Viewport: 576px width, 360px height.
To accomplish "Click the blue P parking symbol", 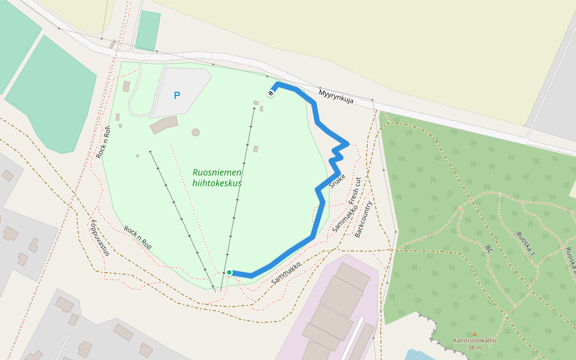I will click(x=176, y=95).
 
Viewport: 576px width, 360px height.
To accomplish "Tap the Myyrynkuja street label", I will click(x=336, y=97).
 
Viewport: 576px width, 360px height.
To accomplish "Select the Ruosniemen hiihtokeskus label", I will click(x=217, y=178).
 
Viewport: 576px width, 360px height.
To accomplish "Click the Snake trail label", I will click(x=337, y=181).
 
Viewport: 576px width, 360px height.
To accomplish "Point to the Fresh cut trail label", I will click(x=355, y=191).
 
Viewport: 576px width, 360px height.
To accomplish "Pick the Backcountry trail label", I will click(x=364, y=219).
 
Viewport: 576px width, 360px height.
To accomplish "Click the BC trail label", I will click(x=489, y=248).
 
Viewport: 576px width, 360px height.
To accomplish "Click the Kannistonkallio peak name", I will click(x=474, y=341).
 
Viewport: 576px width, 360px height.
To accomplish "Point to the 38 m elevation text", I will click(x=474, y=347).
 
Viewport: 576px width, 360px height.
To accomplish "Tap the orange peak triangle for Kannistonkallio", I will click(x=474, y=334).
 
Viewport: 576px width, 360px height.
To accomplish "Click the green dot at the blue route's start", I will click(x=229, y=272).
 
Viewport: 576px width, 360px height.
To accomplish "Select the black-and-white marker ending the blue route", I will click(x=271, y=93).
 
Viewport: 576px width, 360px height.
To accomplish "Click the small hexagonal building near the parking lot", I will click(x=196, y=132).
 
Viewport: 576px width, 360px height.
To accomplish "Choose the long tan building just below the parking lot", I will click(x=164, y=125).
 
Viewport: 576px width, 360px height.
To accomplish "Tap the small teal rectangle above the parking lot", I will click(x=148, y=31).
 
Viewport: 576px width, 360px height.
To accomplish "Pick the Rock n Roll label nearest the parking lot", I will click(x=103, y=142).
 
